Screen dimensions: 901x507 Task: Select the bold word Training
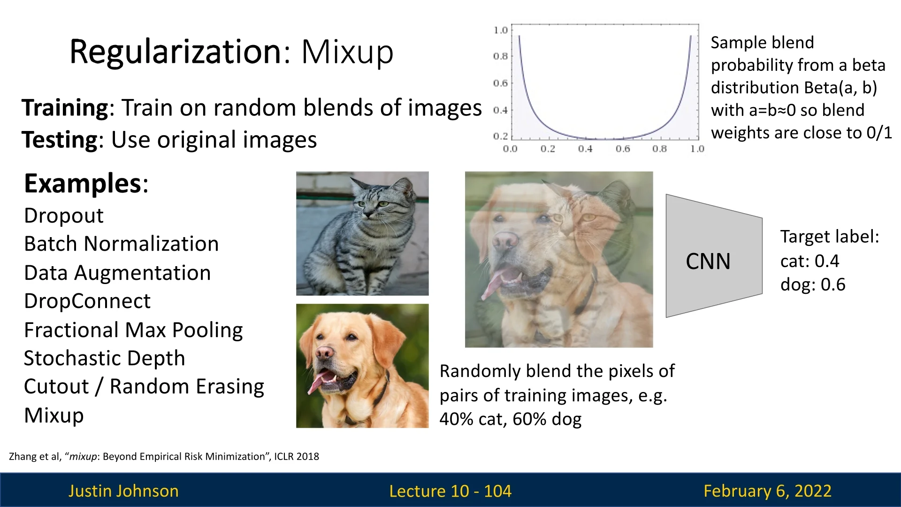coord(65,108)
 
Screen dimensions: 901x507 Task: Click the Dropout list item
coord(64,216)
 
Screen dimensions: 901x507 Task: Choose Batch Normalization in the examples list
coord(122,244)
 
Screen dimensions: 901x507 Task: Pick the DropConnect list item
coord(87,301)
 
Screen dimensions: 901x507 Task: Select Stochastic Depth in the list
coord(105,359)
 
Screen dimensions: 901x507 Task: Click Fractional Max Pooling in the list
coord(134,330)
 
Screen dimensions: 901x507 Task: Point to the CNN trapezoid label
coord(708,261)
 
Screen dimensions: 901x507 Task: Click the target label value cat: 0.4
coord(810,261)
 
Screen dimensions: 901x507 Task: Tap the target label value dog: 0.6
coord(813,285)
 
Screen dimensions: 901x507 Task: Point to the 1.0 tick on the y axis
coord(501,30)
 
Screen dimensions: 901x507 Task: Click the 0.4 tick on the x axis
coord(585,149)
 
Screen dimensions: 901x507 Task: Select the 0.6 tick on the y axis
coord(501,83)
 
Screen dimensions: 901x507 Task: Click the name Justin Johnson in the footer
coord(123,491)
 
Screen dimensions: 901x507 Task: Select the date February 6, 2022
coord(768,491)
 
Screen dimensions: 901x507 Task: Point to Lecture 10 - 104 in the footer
coord(450,491)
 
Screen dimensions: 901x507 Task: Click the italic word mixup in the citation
coord(83,457)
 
